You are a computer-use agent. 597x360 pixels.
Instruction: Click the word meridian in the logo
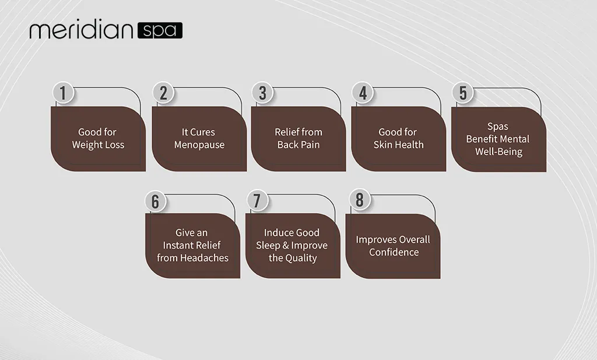[81, 30]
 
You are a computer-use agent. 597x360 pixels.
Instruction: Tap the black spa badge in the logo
[160, 30]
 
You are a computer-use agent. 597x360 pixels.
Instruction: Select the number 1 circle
[63, 93]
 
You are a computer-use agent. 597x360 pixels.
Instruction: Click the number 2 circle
[163, 93]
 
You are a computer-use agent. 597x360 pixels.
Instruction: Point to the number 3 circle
[263, 93]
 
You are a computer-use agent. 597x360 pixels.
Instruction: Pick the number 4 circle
[363, 93]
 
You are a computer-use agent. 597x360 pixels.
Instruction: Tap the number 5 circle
[463, 93]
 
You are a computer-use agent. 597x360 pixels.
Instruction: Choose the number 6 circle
[156, 201]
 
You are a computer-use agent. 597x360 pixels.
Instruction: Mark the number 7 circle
[257, 200]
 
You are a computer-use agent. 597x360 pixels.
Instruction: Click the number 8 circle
[360, 200]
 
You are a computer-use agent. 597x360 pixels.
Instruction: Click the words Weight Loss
[98, 145]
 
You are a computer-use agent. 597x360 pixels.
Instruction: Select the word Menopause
[199, 145]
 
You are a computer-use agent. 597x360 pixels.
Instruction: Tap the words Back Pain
[298, 145]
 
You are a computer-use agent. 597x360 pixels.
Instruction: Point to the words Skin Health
[398, 145]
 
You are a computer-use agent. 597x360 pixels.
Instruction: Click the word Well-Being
[499, 152]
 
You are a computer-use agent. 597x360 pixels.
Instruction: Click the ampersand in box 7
[286, 245]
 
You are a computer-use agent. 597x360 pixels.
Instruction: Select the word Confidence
[394, 252]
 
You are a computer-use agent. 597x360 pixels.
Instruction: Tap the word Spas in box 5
[498, 127]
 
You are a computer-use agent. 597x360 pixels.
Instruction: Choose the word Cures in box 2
[203, 132]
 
